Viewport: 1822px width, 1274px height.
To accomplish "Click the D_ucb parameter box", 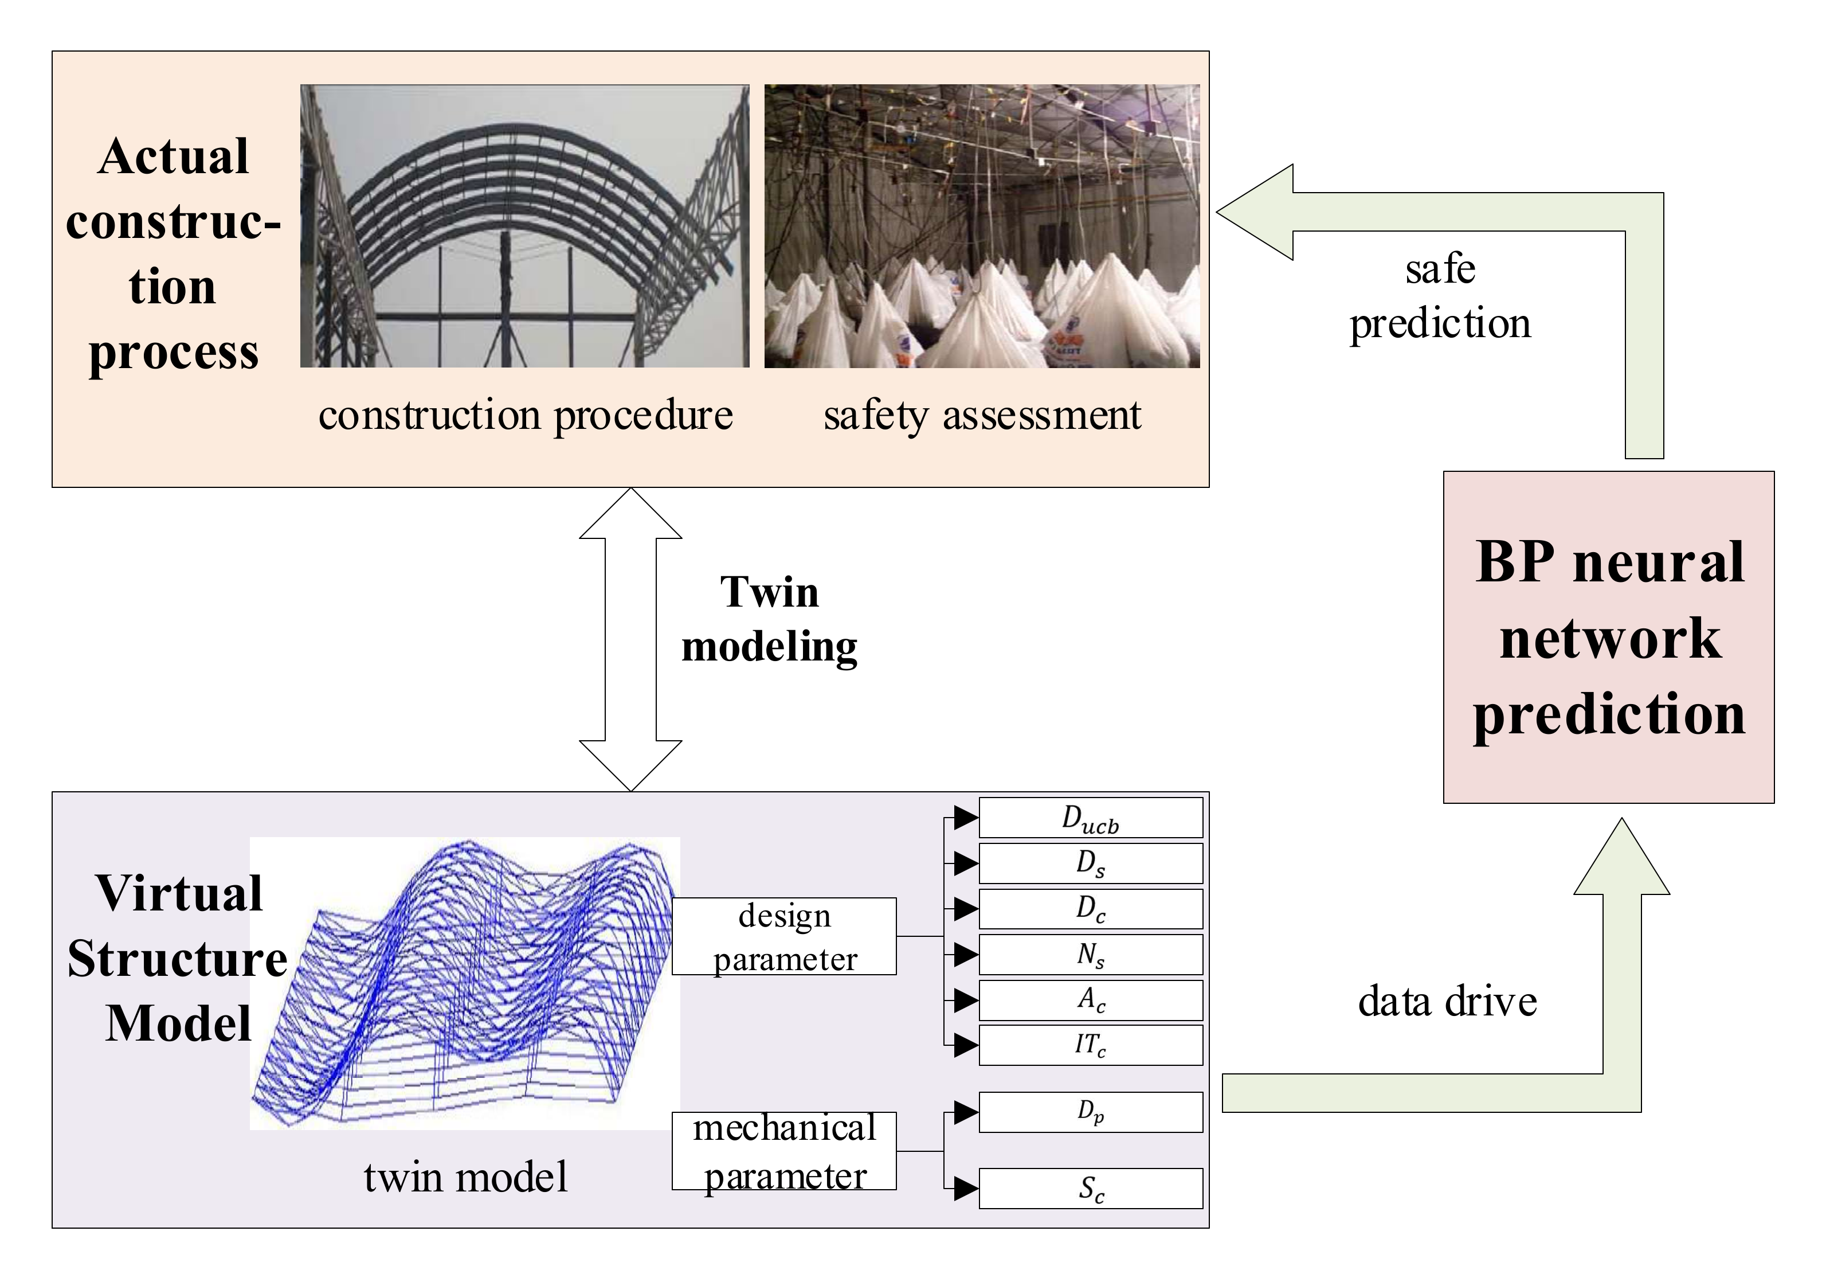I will point(1090,818).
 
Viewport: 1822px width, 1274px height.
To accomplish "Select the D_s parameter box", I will point(1090,863).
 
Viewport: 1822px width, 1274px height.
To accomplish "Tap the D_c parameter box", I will point(1090,908).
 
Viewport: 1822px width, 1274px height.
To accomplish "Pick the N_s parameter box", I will point(1090,954).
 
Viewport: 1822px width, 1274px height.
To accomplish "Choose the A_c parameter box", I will point(1090,999).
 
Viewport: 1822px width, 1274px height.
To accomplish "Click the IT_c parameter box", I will point(1090,1045).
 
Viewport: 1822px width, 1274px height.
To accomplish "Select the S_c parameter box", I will point(1090,1187).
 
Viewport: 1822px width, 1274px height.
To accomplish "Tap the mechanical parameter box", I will point(784,1150).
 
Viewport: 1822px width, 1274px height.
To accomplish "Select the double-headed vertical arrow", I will point(631,639).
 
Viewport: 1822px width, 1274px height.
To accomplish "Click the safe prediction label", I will point(1440,296).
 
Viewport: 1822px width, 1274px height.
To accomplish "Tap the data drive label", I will point(1447,1001).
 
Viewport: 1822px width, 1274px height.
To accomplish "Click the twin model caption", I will point(466,1177).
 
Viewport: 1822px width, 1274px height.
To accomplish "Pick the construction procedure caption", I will point(526,415).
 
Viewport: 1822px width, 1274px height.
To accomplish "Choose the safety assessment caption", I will point(982,415).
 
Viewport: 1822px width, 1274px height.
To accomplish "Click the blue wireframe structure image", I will point(465,983).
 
